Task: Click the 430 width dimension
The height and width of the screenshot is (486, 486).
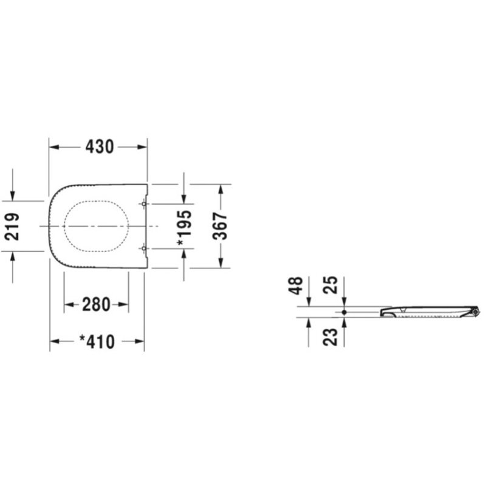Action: tap(99, 147)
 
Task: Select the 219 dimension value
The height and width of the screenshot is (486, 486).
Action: tap(13, 226)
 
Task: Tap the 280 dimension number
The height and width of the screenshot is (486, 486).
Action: tap(97, 304)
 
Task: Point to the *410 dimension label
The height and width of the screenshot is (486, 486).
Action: tap(97, 342)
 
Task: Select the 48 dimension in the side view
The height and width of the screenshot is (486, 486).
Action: tap(296, 286)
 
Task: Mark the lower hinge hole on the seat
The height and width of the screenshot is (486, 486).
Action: tap(143, 248)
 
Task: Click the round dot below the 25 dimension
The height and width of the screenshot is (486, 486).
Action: tap(344, 312)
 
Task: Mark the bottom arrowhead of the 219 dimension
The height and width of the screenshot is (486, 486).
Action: tap(13, 257)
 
